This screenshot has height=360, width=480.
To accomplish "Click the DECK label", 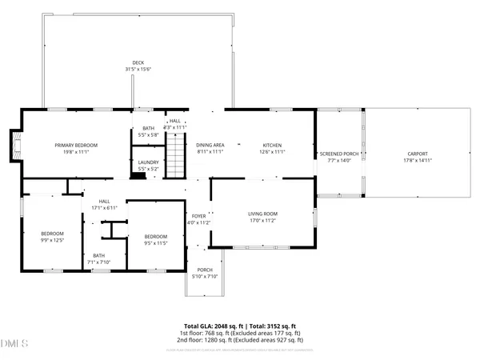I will coord(138,62).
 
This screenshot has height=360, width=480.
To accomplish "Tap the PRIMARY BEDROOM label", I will coord(76,145).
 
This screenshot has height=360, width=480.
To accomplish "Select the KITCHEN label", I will coord(273,145).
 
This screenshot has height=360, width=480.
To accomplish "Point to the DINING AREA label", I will coord(210,145).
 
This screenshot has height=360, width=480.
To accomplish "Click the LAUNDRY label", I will coord(149,163).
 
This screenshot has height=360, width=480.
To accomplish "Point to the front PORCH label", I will coord(206,270).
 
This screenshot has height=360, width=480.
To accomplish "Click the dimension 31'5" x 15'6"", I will coord(138,69).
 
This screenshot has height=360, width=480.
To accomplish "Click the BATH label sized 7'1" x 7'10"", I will coord(99,256).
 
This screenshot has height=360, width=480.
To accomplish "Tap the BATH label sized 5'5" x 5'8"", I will coord(148,128).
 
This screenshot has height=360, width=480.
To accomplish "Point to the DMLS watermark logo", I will coord(14,345).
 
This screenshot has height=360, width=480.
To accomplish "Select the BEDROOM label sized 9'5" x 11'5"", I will coord(155,236).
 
